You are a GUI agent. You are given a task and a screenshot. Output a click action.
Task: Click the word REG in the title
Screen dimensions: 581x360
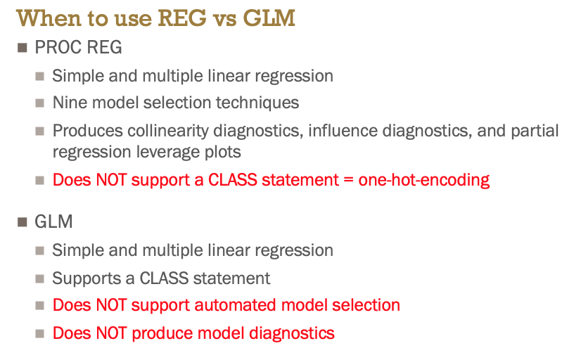click(x=182, y=18)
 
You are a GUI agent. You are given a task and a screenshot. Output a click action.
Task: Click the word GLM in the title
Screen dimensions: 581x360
click(x=269, y=18)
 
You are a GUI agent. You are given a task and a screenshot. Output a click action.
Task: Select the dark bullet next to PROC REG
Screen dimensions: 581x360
click(x=23, y=48)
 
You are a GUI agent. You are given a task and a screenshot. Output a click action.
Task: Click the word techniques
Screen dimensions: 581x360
click(x=257, y=103)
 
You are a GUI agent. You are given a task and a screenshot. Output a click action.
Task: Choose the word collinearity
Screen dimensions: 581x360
click(x=168, y=131)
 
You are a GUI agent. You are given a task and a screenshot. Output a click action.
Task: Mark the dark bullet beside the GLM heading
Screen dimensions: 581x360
click(x=23, y=222)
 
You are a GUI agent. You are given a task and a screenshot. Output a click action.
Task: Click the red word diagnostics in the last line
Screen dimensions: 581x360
click(x=292, y=333)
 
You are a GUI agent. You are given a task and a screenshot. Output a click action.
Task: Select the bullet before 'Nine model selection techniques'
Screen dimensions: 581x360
click(x=40, y=103)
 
